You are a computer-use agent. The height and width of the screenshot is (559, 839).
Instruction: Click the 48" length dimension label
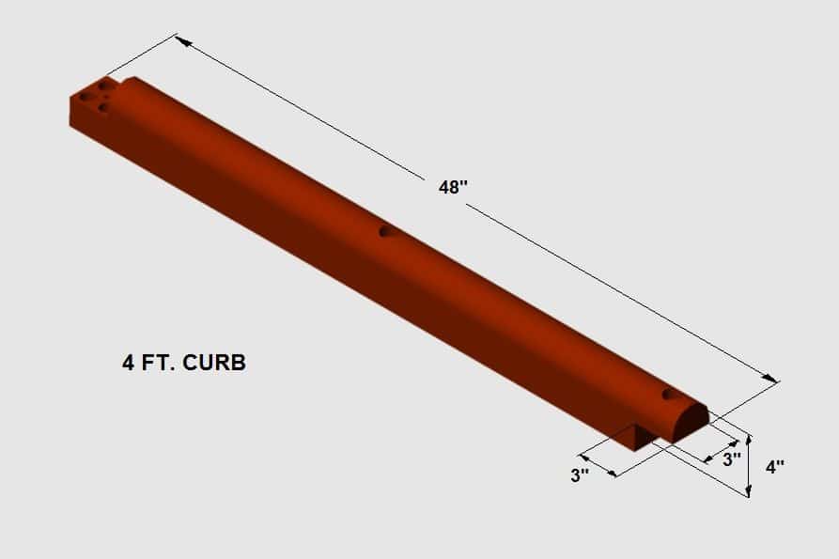tap(453, 187)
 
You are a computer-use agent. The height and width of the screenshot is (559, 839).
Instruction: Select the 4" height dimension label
tap(774, 466)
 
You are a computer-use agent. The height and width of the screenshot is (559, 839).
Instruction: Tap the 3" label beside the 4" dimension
tap(731, 459)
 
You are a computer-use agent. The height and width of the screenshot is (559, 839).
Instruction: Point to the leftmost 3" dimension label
tap(580, 475)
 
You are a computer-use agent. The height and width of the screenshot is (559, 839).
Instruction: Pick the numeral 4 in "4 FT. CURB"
tap(128, 363)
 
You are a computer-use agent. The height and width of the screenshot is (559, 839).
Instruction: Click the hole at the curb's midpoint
tap(383, 231)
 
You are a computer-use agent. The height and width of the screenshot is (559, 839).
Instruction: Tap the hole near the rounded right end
tap(668, 394)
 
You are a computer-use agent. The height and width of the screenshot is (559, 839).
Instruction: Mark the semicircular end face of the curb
tap(690, 423)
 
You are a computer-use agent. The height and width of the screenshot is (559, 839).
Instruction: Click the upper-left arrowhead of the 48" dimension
tap(181, 41)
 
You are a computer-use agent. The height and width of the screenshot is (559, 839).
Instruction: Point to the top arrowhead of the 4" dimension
tap(748, 439)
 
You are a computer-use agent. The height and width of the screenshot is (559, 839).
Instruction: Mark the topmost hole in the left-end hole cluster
tap(103, 85)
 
